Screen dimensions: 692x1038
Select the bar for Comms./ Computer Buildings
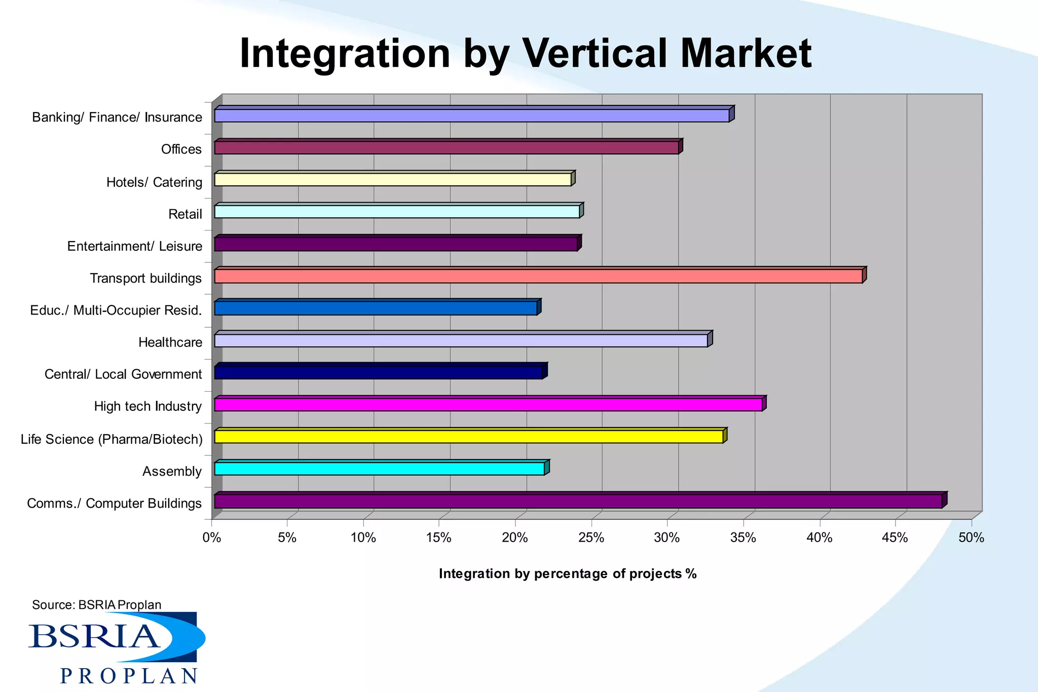point(578,502)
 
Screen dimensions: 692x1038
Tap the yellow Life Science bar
point(469,437)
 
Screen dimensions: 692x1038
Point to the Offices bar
point(447,148)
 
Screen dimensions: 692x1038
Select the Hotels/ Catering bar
point(393,180)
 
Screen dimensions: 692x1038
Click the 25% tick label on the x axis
point(591,538)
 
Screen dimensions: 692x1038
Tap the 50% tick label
point(971,538)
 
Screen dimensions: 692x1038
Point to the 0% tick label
point(212,538)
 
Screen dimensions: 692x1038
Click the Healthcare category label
point(170,342)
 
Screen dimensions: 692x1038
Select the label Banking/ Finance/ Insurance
point(117,118)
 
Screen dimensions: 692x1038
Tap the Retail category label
point(185,214)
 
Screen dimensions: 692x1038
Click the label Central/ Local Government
point(123,374)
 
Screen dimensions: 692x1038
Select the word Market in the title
point(746,53)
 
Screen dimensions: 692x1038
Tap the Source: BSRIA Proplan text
point(96,605)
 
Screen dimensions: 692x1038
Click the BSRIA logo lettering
point(94,636)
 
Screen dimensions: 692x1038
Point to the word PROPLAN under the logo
point(129,676)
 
